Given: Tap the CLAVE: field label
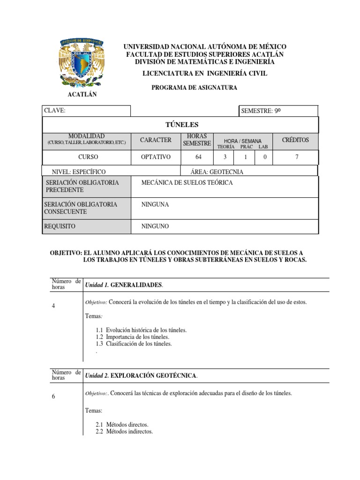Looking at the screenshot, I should click(x=54, y=111).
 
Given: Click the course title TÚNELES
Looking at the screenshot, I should click(x=180, y=125).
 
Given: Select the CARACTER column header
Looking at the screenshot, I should click(x=156, y=140).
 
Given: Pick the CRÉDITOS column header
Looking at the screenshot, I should click(x=295, y=140).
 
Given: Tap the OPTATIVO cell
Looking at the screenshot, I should click(x=156, y=157).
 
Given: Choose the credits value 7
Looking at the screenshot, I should click(x=296, y=157).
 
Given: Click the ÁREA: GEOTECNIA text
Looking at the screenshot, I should click(x=217, y=172).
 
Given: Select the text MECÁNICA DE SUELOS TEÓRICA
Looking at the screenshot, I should click(x=187, y=182).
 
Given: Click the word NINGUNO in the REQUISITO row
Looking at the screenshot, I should click(x=155, y=226).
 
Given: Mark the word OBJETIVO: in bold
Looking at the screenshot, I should click(x=66, y=252).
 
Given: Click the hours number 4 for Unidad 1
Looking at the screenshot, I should click(x=54, y=306).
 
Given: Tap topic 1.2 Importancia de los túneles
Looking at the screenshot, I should click(x=133, y=337).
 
